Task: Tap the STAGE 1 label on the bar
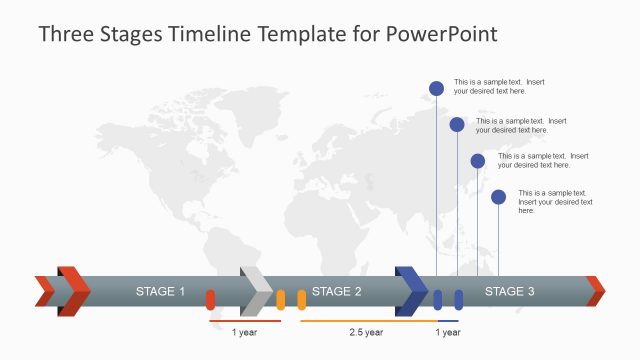[x=160, y=292]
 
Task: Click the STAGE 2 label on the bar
[x=336, y=292]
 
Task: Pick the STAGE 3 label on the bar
[x=509, y=292]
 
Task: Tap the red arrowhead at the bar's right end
[x=596, y=291]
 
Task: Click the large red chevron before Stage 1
[x=73, y=291]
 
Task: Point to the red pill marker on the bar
[x=210, y=299]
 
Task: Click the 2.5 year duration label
[x=365, y=332]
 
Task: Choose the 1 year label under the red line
[x=244, y=332]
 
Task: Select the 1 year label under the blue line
[x=447, y=332]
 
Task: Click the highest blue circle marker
[x=436, y=88]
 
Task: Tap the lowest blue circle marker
[x=498, y=197]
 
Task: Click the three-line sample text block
[x=555, y=202]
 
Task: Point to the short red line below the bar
[x=244, y=321]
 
